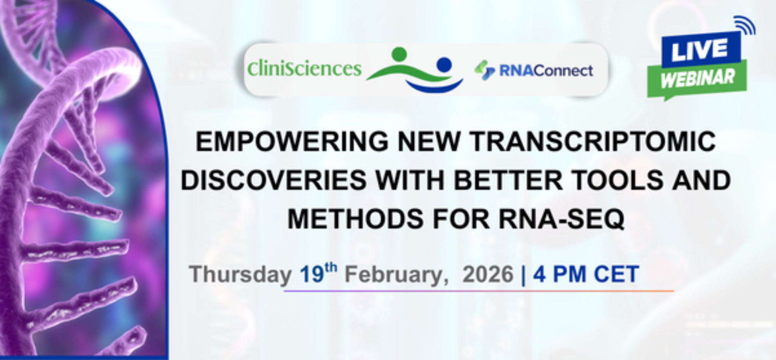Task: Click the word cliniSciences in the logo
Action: tap(305, 69)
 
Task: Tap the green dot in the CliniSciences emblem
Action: tap(399, 54)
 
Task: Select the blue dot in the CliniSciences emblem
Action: tap(444, 64)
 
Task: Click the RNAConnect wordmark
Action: tap(546, 71)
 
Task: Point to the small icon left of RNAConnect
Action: tap(485, 70)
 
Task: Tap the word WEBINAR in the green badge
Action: tap(698, 78)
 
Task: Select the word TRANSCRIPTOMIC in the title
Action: tap(593, 141)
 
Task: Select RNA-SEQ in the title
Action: tap(561, 219)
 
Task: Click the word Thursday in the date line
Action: tap(240, 275)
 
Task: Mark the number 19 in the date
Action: tap(312, 275)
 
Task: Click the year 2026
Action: tap(488, 275)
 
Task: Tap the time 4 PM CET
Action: tap(586, 275)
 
